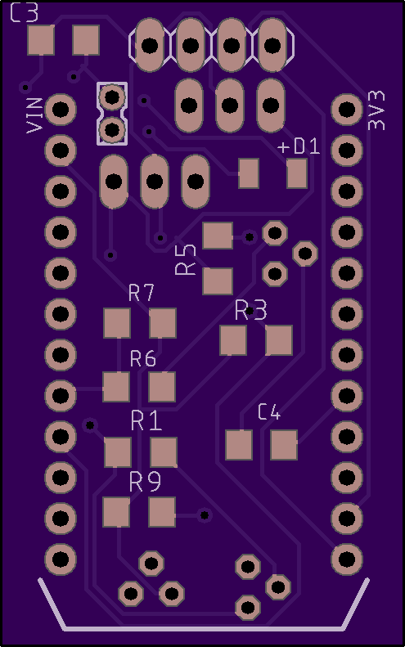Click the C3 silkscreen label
point(24,12)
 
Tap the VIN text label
point(34,115)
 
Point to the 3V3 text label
point(376,110)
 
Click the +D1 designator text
point(299,146)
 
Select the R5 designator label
point(186,259)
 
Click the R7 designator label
point(142,293)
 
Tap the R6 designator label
point(143,358)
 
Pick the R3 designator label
point(251,310)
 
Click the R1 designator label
point(146,421)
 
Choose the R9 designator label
point(146,482)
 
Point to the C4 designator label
point(269,412)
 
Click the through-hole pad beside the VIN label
point(61,110)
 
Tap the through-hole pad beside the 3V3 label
point(347,110)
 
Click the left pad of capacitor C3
point(41,40)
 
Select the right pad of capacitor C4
point(284,445)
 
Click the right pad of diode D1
point(297,173)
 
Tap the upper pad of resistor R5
point(218,236)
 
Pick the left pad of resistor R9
point(116,512)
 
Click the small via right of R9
point(205,515)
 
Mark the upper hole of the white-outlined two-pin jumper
point(112,97)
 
